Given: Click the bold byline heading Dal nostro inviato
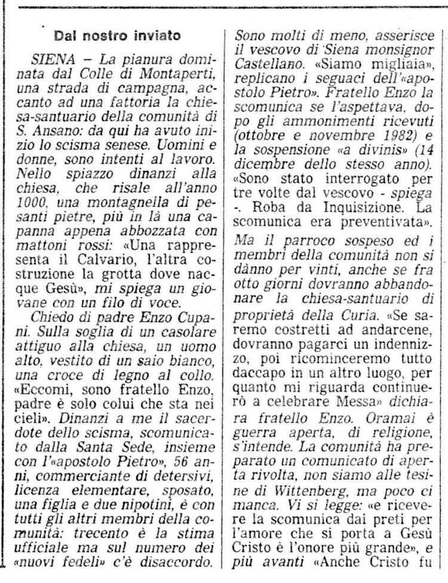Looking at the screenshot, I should coord(117,36).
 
